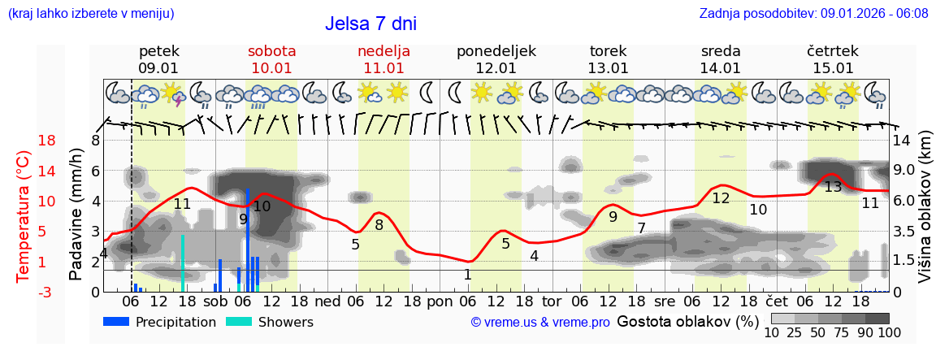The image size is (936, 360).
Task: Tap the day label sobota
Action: pyautogui.click(x=271, y=51)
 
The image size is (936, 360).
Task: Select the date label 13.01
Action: pyautogui.click(x=609, y=68)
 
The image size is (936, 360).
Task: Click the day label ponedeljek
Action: pyautogui.click(x=496, y=51)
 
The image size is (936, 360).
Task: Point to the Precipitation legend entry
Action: pyautogui.click(x=159, y=322)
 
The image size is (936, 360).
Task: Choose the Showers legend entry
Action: pyautogui.click(x=269, y=322)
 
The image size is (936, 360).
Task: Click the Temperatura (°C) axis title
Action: pyautogui.click(x=23, y=216)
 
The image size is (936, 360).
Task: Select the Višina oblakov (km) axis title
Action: pyautogui.click(x=925, y=216)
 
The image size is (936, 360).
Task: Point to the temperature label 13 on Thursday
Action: pyautogui.click(x=833, y=187)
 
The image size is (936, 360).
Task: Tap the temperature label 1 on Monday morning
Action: pyautogui.click(x=467, y=275)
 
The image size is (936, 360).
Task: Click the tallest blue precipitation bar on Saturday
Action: pyautogui.click(x=248, y=240)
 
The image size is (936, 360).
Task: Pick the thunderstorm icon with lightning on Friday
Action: pyautogui.click(x=173, y=93)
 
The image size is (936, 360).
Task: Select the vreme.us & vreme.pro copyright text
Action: pyautogui.click(x=540, y=322)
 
